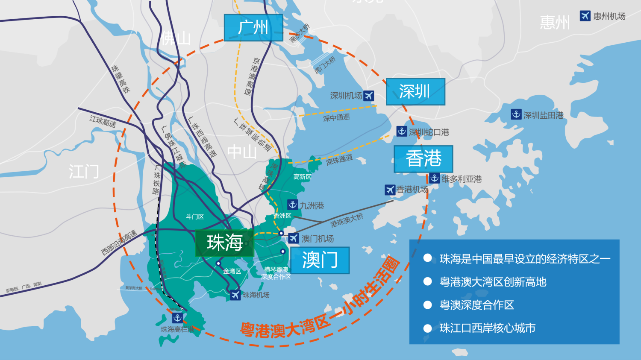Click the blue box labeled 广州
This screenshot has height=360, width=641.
pos(253,28)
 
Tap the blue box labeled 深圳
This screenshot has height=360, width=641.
pos(415,91)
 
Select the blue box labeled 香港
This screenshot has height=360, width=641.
pos(423,159)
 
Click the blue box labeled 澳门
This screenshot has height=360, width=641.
pos(320,260)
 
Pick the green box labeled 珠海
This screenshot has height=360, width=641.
pos(225,243)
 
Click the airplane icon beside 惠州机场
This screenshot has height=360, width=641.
pos(585,16)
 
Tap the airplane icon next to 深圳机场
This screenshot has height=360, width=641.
pos(368,96)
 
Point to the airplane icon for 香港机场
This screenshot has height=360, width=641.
pos(390,190)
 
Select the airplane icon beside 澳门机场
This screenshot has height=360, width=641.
pos(293,238)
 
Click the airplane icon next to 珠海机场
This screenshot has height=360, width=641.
pos(235,295)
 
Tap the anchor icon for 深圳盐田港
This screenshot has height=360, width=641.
pos(516,114)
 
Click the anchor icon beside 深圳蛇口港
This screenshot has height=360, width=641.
pos(402,132)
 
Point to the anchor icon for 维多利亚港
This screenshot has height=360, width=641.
pos(435,179)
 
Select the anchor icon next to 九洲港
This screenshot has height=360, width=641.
pos(293,205)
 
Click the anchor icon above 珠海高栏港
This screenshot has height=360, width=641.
pos(177,318)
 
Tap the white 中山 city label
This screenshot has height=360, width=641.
pos(242,152)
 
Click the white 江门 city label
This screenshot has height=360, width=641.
pos(84,172)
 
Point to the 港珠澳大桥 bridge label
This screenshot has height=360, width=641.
pos(347,220)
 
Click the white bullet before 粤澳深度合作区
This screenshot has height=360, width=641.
pos(427,305)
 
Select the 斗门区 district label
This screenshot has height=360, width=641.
pos(195,217)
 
